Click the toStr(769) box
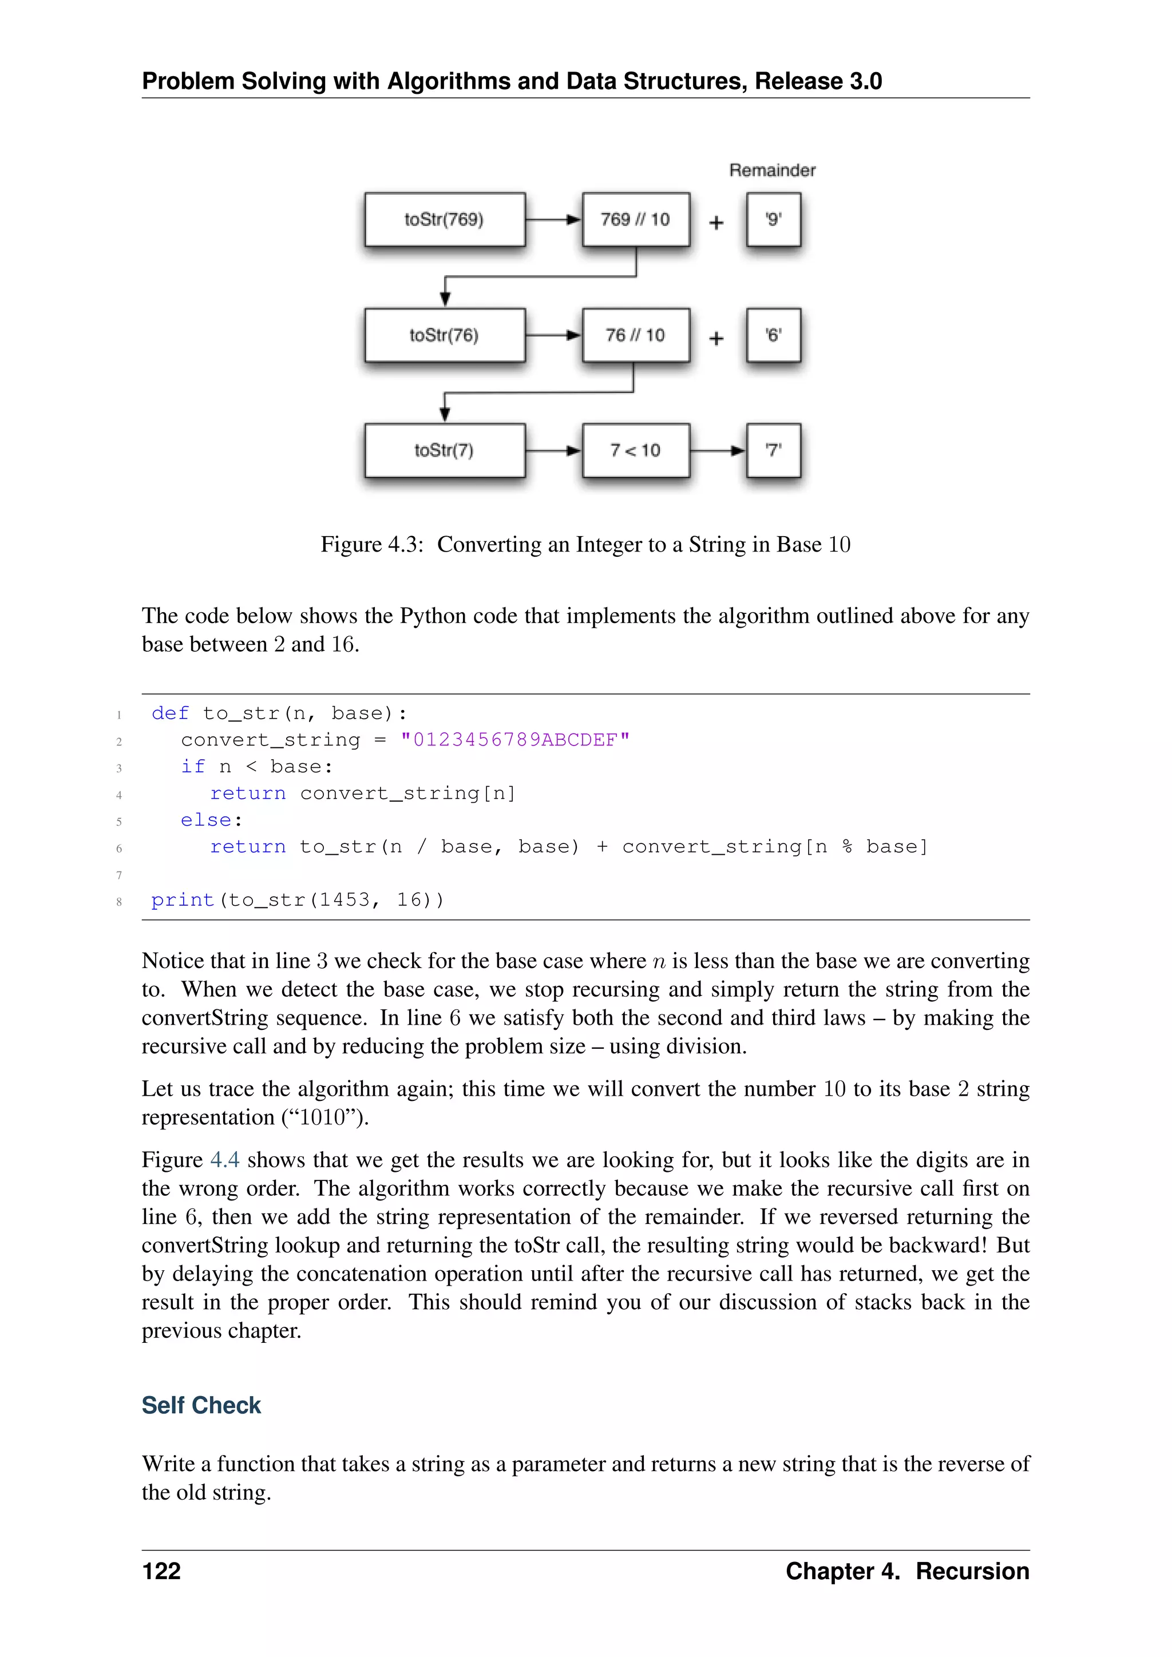(445, 219)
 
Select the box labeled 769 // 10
(636, 219)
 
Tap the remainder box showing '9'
(774, 219)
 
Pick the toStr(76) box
(445, 335)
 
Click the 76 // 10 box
(636, 335)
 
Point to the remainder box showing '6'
(774, 335)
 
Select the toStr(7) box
(445, 450)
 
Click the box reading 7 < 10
(636, 450)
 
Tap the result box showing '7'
(774, 450)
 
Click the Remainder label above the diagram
(772, 171)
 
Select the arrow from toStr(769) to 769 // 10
(553, 219)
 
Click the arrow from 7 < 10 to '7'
(718, 450)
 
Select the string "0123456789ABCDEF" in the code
(515, 740)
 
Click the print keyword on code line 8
(183, 900)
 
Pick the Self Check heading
(201, 1405)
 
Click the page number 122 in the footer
(161, 1571)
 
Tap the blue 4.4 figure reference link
(224, 1160)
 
